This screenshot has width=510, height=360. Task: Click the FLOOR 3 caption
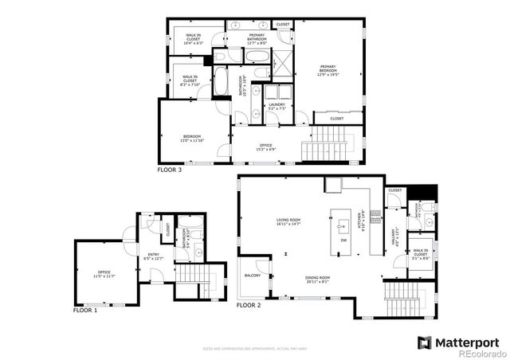point(169,170)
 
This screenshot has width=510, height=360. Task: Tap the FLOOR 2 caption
point(249,304)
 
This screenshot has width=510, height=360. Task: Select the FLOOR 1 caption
point(85,309)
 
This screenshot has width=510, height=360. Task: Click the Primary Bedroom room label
point(328,68)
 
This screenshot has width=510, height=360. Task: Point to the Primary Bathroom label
point(257,37)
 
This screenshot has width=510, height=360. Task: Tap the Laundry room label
point(277,106)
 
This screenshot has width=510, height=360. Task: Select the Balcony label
point(253,276)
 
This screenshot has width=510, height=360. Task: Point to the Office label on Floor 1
point(104,274)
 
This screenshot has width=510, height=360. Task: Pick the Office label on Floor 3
point(265,147)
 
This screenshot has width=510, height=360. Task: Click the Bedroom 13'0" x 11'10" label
point(192,137)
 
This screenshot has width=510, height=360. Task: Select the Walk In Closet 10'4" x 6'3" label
point(194,37)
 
